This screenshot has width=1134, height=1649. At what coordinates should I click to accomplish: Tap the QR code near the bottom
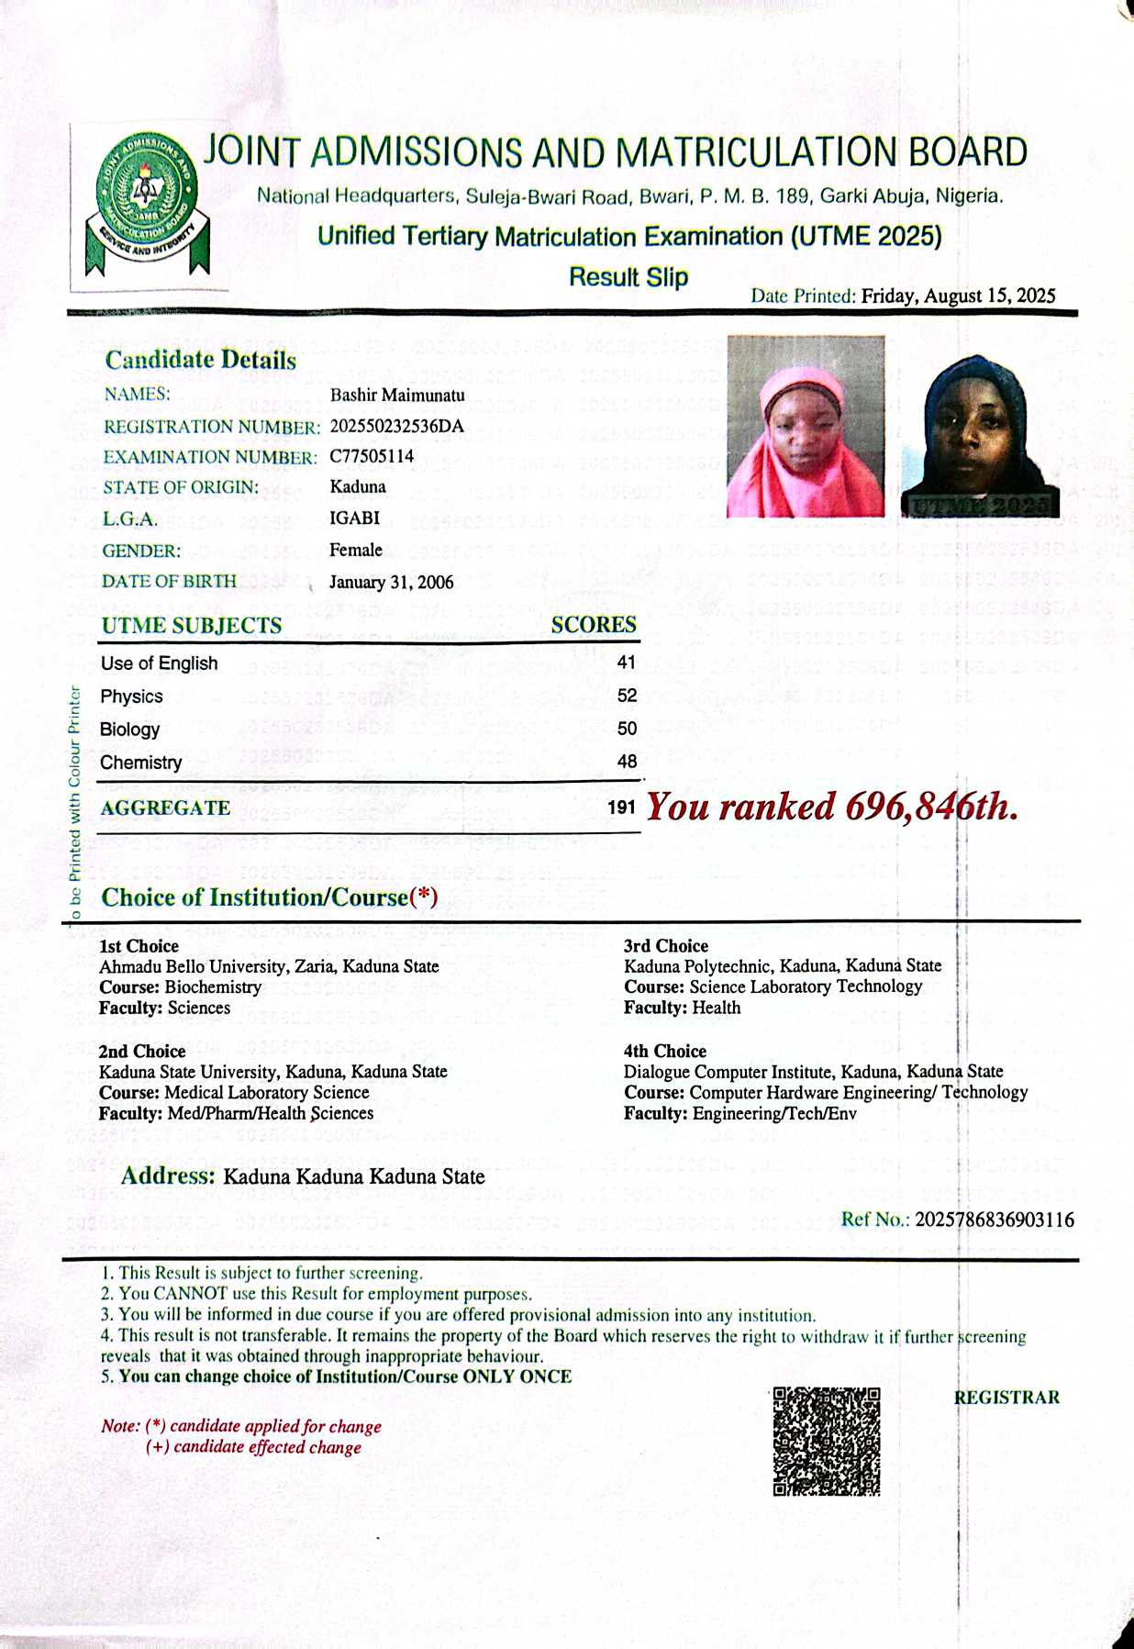826,1441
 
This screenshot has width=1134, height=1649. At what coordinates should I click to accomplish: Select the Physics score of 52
627,696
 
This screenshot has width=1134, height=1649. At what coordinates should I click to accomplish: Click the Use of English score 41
627,663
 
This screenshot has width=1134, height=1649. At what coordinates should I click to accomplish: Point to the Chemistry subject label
141,763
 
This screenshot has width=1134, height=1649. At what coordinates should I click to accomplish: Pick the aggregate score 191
621,808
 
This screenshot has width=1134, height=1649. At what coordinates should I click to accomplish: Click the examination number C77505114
372,456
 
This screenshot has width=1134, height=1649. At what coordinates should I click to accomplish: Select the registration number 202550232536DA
396,426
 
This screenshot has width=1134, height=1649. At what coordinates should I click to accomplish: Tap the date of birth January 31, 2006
391,583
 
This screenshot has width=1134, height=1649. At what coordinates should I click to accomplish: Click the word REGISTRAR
1006,1398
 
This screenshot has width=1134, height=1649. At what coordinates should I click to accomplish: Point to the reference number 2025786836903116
995,1220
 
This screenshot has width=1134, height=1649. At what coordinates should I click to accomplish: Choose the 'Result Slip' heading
628,277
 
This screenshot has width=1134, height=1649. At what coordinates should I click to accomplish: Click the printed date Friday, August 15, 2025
958,295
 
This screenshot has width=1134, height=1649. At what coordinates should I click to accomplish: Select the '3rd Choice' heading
666,946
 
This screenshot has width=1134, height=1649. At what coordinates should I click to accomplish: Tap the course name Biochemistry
213,987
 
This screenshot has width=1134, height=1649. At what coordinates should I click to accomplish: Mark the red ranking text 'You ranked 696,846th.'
832,807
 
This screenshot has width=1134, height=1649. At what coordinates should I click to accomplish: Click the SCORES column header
594,625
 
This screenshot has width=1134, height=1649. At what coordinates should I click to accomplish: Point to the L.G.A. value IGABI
354,518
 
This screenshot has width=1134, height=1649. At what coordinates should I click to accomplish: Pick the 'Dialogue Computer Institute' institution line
813,1072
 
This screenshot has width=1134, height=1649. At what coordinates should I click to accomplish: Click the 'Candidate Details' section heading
201,360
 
